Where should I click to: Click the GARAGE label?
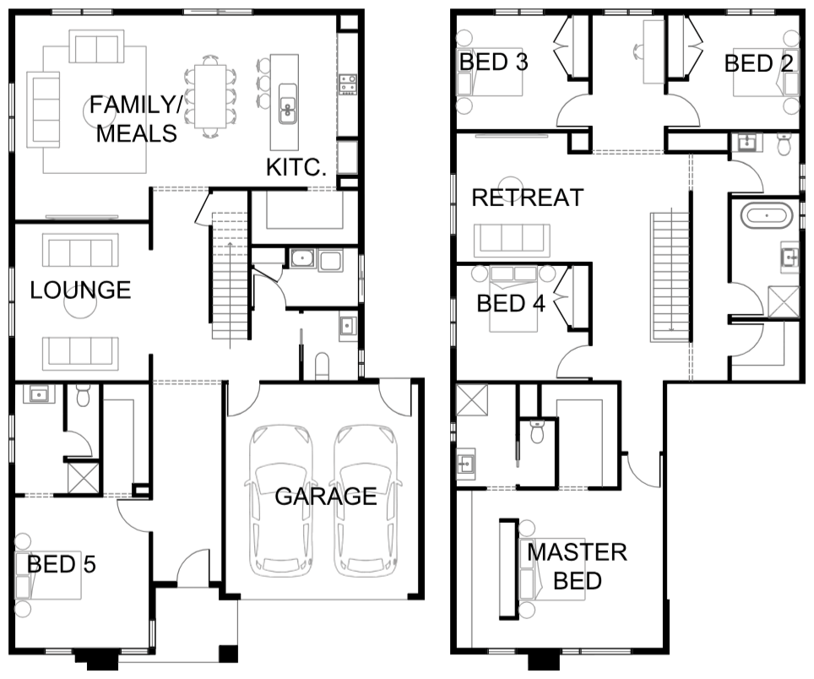tap(325, 497)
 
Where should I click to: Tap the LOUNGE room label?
tap(80, 291)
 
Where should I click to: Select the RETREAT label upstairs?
tap(528, 198)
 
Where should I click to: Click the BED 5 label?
tap(62, 564)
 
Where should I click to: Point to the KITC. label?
tap(296, 168)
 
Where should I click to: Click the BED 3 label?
tap(493, 62)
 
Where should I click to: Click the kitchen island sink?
tap(288, 103)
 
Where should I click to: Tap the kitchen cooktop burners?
tap(348, 84)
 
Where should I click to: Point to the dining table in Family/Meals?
tap(209, 96)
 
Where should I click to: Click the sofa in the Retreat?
tap(512, 241)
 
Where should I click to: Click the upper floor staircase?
tap(670, 277)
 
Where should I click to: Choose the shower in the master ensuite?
tap(472, 399)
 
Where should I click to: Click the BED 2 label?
tap(759, 63)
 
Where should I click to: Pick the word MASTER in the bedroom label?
tap(578, 552)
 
